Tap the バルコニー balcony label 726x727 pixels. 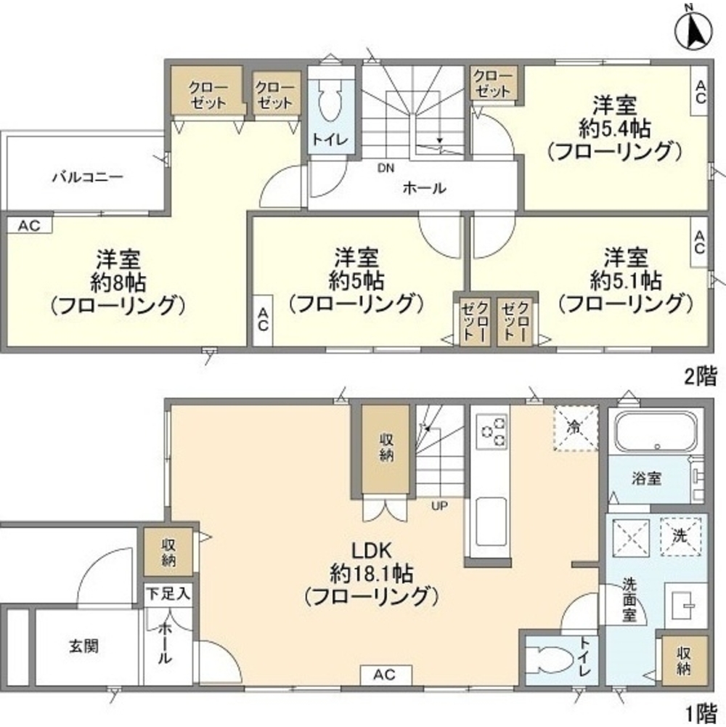pos(88,176)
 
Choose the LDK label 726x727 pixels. pos(371,551)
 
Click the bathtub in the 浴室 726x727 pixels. pos(656,434)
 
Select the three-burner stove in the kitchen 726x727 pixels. pos(491,429)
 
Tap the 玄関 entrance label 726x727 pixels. pos(85,644)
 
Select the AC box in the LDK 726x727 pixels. pos(386,675)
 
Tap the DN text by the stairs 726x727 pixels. pos(386,169)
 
